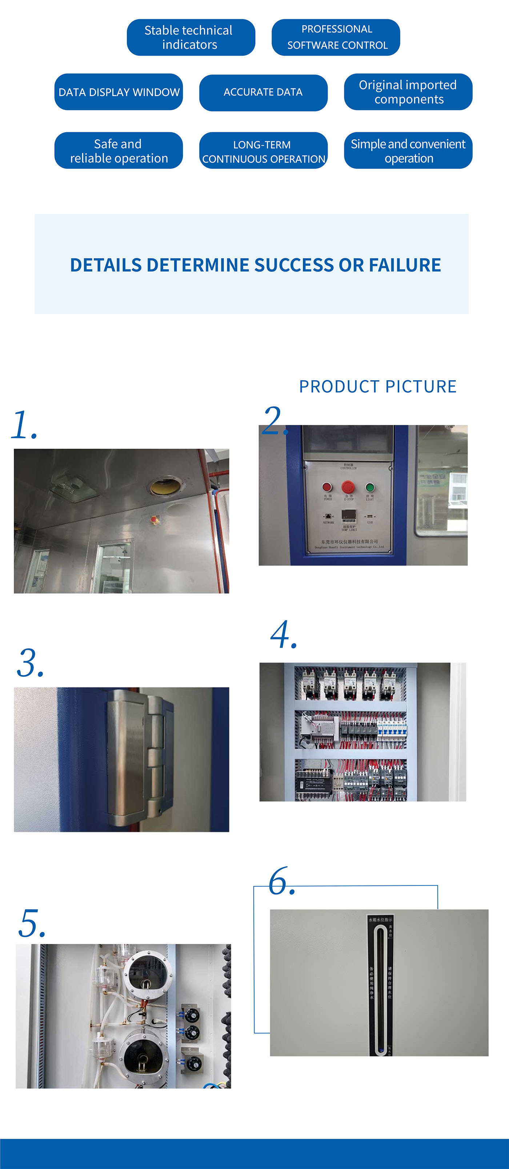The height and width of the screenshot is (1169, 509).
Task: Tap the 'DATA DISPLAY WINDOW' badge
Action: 119,92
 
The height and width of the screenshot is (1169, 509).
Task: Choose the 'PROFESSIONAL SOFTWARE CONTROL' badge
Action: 336,37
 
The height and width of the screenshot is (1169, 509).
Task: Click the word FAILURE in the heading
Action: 404,265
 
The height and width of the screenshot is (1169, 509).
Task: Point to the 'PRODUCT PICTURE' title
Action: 377,387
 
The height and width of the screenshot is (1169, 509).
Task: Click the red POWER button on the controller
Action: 327,487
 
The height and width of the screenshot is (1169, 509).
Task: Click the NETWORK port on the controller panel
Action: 328,517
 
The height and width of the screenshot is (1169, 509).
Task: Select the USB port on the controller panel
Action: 370,517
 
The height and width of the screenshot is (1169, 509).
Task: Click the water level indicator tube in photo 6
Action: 380,985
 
